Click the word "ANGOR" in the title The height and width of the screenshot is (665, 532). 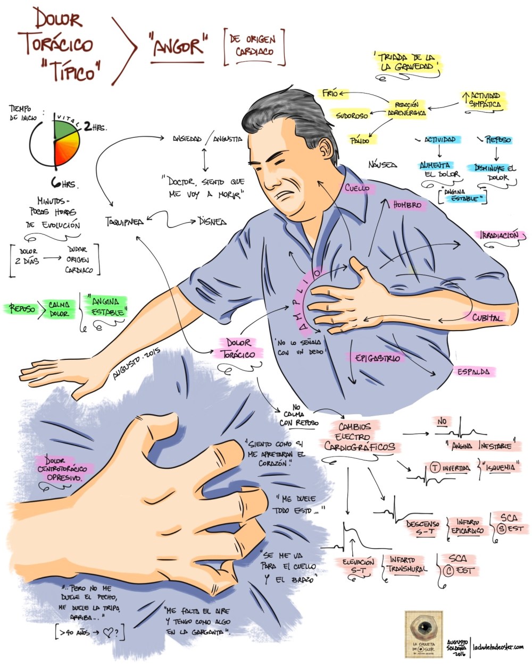point(178,47)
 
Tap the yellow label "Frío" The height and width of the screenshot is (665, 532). point(329,94)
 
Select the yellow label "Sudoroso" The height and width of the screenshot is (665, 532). point(352,114)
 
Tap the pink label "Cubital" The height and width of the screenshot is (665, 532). point(486,318)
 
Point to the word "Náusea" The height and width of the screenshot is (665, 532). point(383,165)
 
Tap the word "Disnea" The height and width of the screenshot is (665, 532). point(212,221)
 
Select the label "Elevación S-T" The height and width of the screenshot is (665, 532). point(354,566)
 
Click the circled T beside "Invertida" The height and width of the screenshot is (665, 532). point(435,468)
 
